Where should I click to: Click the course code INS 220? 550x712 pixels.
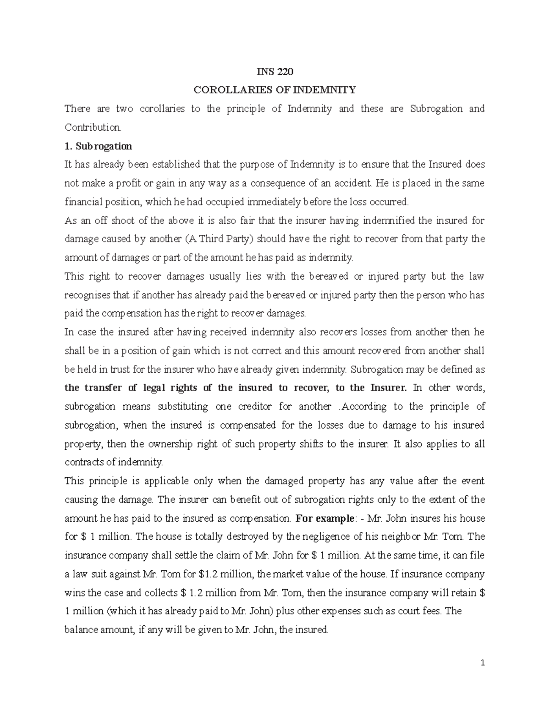click(x=275, y=72)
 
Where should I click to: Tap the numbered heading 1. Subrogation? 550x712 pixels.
click(x=98, y=146)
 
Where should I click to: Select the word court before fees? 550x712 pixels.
click(x=414, y=611)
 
